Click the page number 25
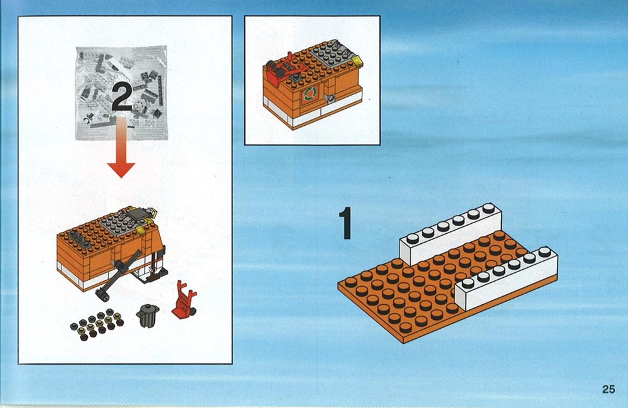tap(608, 389)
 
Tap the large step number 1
tap(345, 223)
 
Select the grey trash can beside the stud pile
tap(148, 316)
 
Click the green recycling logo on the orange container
tap(310, 94)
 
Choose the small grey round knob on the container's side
tap(331, 97)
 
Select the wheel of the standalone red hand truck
tap(192, 311)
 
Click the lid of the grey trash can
tap(149, 308)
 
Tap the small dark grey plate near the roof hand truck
tap(295, 78)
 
